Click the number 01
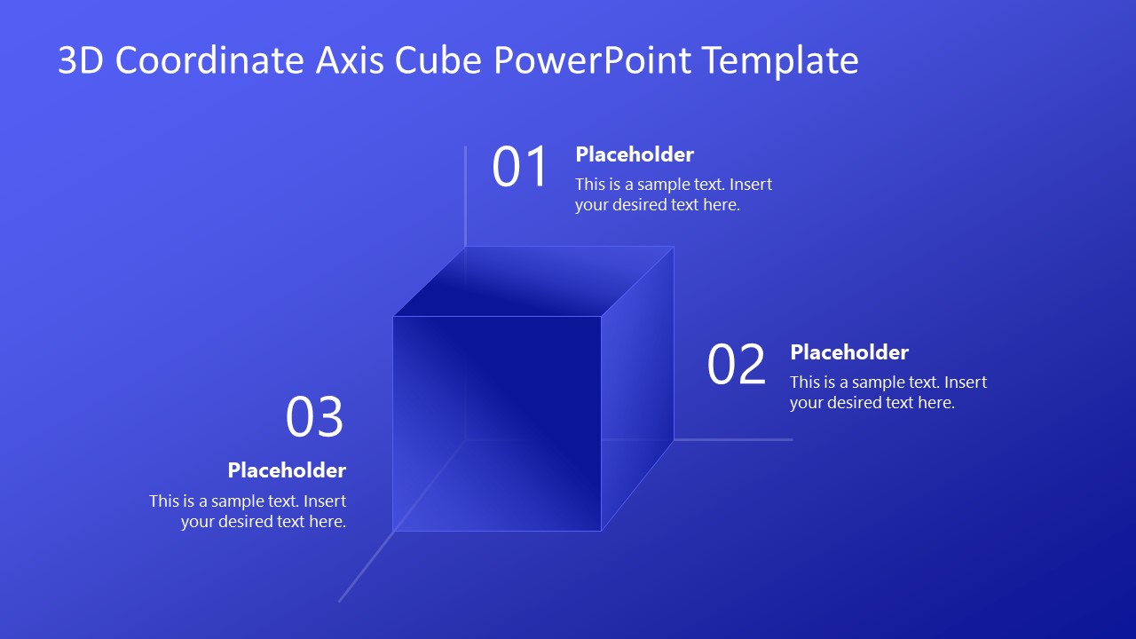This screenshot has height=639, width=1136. (x=521, y=168)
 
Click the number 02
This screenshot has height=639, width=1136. (x=736, y=365)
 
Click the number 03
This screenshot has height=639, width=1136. (x=314, y=417)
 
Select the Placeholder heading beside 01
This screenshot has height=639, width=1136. (x=635, y=154)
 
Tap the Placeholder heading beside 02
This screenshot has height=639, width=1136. (x=849, y=352)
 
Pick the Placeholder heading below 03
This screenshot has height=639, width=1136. (x=287, y=469)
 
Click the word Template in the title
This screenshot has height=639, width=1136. (x=779, y=60)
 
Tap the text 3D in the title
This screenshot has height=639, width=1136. (x=82, y=60)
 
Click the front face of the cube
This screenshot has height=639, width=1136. (x=497, y=423)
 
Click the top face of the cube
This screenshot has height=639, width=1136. (x=532, y=281)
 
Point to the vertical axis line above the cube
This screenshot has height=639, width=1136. (x=465, y=195)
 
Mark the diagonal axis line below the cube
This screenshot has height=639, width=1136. (x=365, y=568)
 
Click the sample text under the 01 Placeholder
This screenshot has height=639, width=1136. (x=674, y=194)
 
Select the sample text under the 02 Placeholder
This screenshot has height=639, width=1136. (x=888, y=392)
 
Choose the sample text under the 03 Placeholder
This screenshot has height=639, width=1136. (x=248, y=511)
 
